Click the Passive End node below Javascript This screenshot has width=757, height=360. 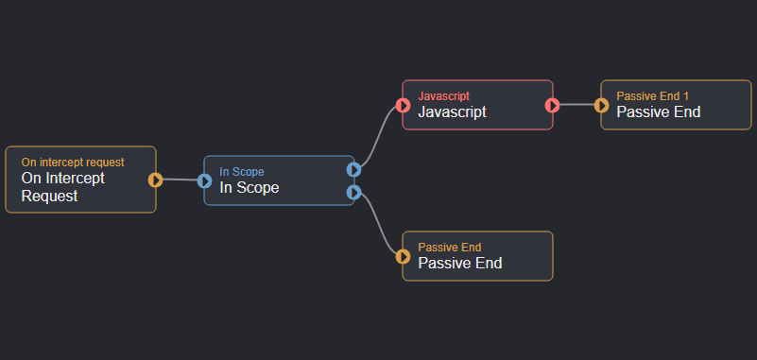[x=477, y=256]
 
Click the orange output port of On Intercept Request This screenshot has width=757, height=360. [x=156, y=180]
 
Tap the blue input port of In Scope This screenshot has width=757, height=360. [x=205, y=180]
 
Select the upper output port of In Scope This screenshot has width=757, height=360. [x=353, y=170]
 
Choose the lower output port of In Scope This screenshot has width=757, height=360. [x=353, y=193]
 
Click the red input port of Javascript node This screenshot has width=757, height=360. [x=404, y=105]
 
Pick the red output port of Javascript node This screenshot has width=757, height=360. [x=552, y=105]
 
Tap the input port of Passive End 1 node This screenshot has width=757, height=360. [x=602, y=105]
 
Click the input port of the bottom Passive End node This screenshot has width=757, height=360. [x=404, y=256]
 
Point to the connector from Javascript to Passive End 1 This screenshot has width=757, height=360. [x=576, y=105]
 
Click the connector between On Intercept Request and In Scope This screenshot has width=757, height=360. [x=181, y=180]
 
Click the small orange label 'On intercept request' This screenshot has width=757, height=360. [x=73, y=163]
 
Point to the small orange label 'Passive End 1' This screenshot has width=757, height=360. [x=653, y=96]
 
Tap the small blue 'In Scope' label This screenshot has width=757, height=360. [x=242, y=172]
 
